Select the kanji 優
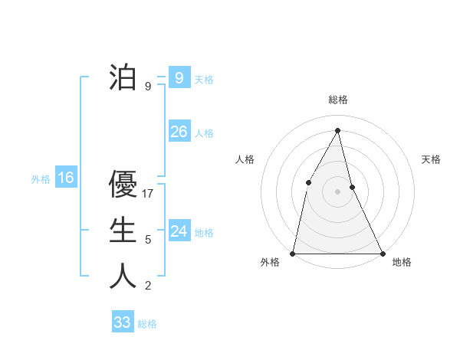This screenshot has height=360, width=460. point(123,185)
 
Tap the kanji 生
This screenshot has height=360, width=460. point(123,231)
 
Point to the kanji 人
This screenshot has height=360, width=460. point(123,277)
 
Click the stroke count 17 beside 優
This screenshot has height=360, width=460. point(149,194)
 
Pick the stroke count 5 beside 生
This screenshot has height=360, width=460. point(148,240)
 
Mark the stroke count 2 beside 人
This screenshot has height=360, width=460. point(148,286)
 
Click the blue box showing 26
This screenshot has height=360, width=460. point(179,132)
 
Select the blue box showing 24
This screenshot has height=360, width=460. point(179,231)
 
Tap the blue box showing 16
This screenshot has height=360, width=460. point(66,178)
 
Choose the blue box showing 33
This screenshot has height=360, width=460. point(122,322)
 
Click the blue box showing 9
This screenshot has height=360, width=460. point(179,77)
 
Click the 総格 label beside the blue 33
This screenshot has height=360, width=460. point(147,324)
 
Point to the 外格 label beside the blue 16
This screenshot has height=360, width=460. point(41,179)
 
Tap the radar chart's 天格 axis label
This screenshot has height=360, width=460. point(431,159)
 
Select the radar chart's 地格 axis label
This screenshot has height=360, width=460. point(402,263)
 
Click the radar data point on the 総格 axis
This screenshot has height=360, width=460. point(337,130)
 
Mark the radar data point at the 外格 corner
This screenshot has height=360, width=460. point(293,253)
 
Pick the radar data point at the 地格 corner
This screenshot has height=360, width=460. point(382,253)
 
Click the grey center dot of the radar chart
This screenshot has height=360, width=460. point(337,191)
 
